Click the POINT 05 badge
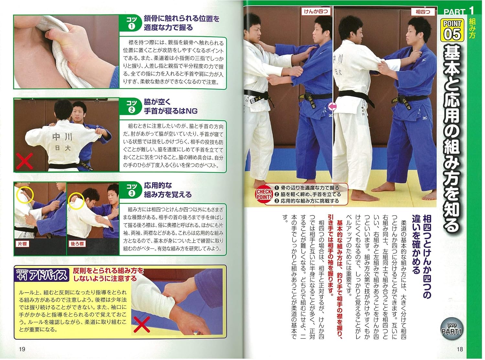point(452,29)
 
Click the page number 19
point(22,349)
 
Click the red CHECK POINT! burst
point(264,194)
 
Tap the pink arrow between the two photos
point(333,106)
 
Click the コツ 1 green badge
point(131,23)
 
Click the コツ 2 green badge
point(131,107)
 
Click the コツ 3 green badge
point(131,190)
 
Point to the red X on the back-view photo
point(25,161)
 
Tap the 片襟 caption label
point(23,243)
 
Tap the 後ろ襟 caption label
point(77,244)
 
